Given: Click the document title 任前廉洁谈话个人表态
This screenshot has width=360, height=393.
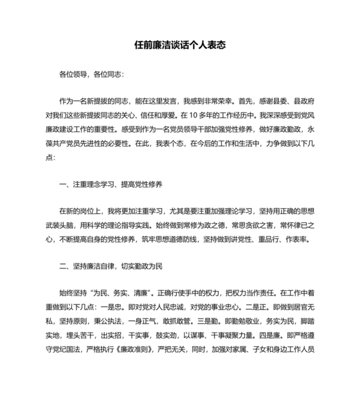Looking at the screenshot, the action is (179, 46).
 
